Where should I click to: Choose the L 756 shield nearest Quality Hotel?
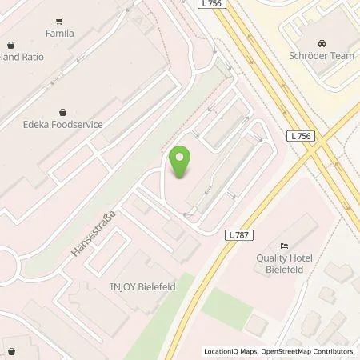300,136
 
